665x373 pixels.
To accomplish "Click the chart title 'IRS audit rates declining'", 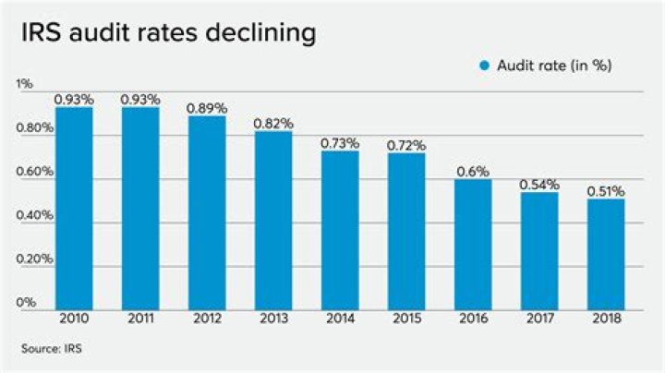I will [x=167, y=33].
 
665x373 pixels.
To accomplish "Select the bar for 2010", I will [x=74, y=208].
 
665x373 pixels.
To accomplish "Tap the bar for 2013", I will [x=273, y=220].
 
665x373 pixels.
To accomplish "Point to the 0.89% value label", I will [x=207, y=108].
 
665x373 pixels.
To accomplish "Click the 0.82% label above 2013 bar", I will [x=273, y=123].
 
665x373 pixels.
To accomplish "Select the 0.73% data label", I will [x=340, y=143].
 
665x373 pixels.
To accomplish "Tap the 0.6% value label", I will [x=473, y=172].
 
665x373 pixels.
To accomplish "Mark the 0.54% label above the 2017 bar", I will [x=539, y=185].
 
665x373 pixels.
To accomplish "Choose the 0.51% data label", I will [x=606, y=192].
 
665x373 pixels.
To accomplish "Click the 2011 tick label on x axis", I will [x=140, y=319].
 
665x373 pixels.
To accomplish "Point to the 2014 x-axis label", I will [x=340, y=319].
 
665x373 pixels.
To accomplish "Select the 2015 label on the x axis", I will [x=406, y=319].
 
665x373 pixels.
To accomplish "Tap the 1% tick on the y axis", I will [x=25, y=84].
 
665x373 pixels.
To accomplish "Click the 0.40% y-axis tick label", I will [x=32, y=216].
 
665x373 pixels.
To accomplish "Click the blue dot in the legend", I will [x=483, y=66].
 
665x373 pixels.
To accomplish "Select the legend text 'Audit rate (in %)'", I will [x=555, y=66].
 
